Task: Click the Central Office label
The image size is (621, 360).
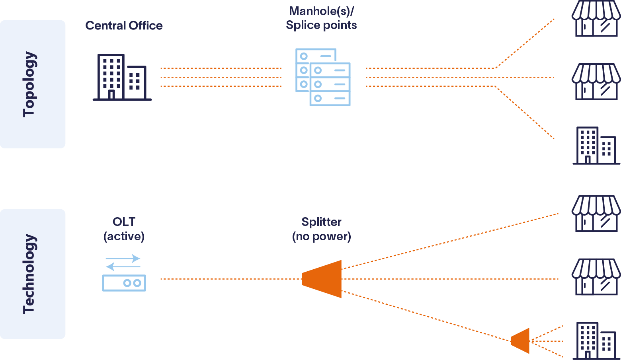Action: click(124, 26)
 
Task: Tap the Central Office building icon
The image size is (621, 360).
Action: click(122, 78)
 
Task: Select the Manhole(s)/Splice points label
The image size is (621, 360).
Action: click(321, 18)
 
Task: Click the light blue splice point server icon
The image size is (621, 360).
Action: click(323, 77)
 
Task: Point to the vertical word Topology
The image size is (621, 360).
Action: click(29, 84)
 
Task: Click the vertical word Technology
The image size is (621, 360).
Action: click(29, 274)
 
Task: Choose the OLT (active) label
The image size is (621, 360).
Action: click(124, 229)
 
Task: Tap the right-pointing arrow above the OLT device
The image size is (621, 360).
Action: click(123, 258)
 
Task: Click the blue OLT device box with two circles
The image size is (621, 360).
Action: click(124, 283)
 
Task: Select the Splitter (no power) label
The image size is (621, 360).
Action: click(321, 229)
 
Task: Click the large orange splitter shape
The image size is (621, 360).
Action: click(322, 279)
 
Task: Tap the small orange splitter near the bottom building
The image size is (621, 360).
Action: click(520, 341)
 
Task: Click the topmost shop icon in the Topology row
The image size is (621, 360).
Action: click(596, 19)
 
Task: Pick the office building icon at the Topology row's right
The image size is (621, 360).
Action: click(596, 146)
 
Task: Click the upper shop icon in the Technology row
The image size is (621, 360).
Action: click(596, 214)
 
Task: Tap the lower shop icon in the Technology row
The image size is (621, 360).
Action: click(596, 277)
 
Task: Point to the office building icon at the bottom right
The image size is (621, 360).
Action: click(596, 341)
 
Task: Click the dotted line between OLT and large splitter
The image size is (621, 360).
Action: click(231, 279)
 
